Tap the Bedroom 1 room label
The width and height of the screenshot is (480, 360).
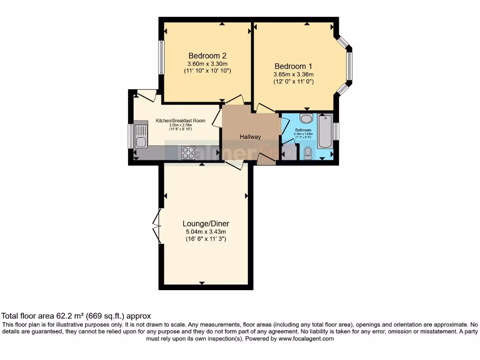(x=293, y=66)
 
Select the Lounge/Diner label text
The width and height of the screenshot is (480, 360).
(x=206, y=224)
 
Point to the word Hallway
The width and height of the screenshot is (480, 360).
(x=250, y=137)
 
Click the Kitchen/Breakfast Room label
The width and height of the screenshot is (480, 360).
(x=180, y=121)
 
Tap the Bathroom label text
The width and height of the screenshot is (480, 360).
(x=303, y=130)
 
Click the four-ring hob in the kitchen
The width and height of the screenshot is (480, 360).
(x=188, y=153)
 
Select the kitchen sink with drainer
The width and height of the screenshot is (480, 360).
(x=141, y=135)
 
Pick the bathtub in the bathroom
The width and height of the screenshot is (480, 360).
(x=324, y=131)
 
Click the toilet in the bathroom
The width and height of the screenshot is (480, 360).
(x=308, y=153)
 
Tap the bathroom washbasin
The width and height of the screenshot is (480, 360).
(x=307, y=118)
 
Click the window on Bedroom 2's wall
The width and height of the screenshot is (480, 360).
(x=161, y=57)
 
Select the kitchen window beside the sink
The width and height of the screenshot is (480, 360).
(x=131, y=136)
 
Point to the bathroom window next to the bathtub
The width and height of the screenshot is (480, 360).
(x=336, y=131)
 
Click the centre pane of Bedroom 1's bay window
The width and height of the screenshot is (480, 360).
(x=349, y=66)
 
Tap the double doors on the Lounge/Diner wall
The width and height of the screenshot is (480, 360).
(x=157, y=226)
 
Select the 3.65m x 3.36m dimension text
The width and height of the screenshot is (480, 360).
(x=293, y=74)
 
